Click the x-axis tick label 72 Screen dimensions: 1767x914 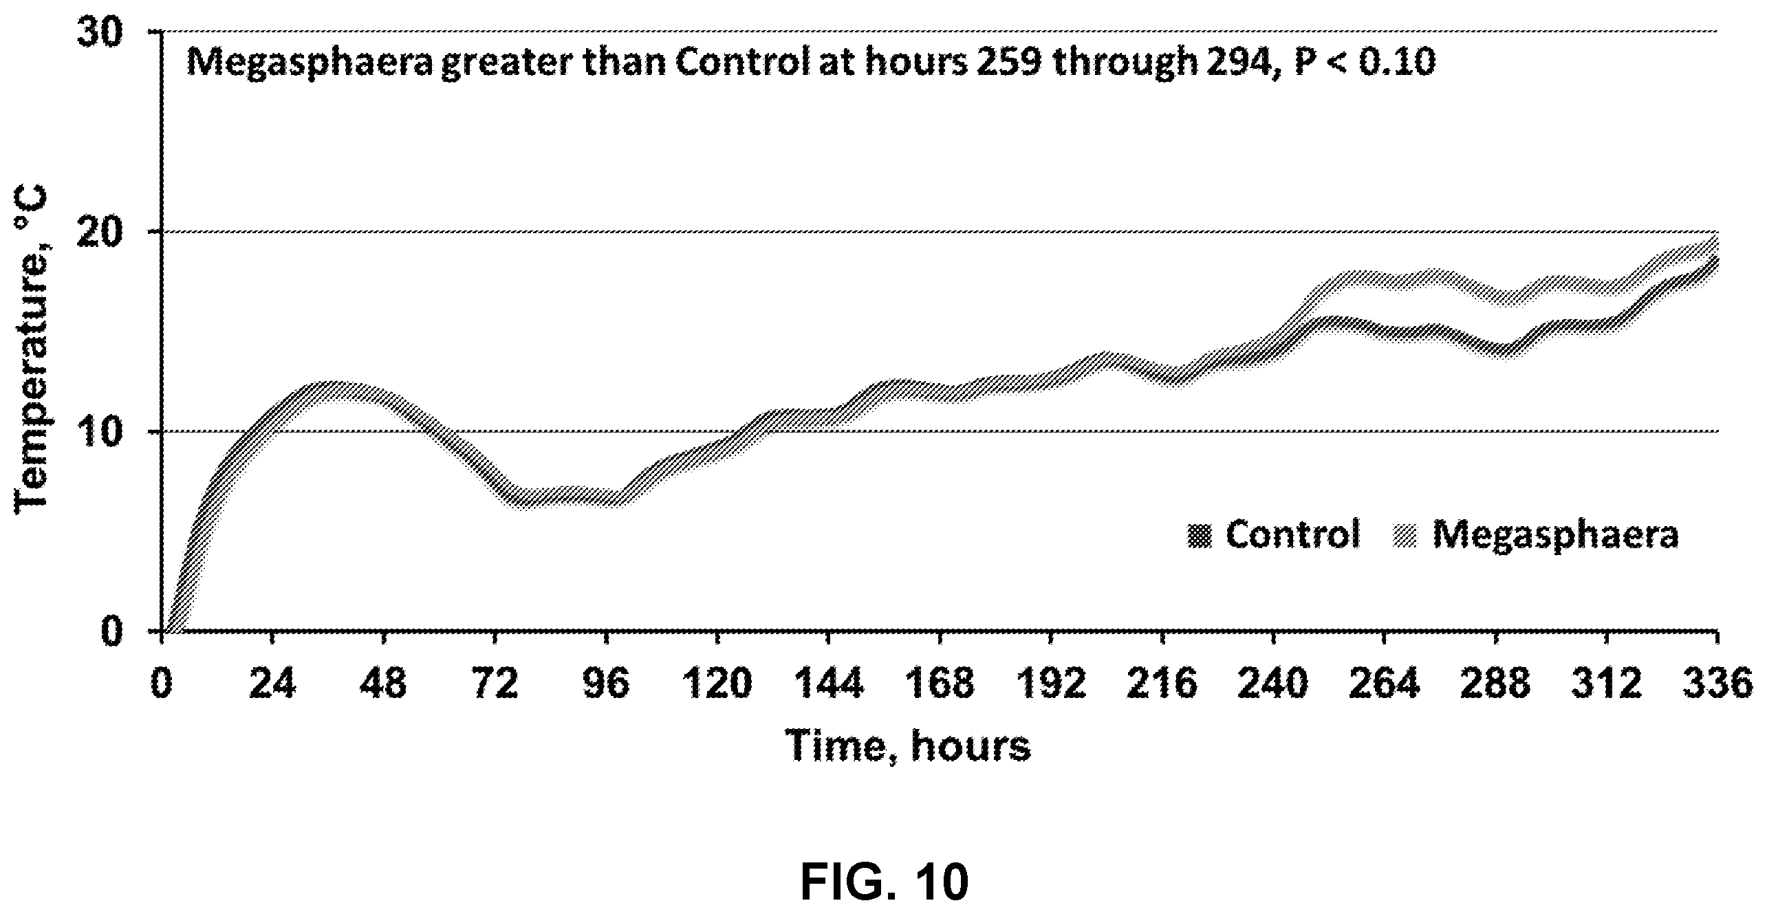495,684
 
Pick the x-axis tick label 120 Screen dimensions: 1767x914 717,684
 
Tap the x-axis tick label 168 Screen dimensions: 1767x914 940,684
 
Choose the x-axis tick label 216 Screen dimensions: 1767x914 1162,684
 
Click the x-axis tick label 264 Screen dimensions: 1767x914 1384,684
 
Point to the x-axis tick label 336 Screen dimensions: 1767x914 1717,684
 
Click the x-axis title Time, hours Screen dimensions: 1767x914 909,746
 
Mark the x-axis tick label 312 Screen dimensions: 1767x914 1606,684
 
